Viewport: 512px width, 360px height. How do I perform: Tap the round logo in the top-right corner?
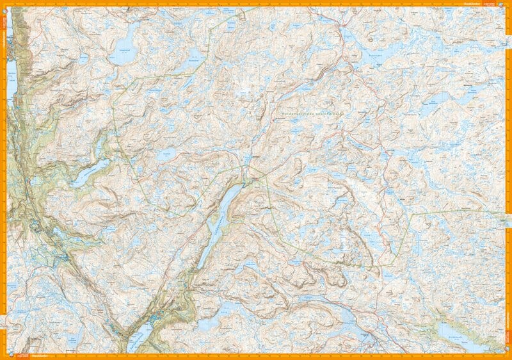(x=508, y=4)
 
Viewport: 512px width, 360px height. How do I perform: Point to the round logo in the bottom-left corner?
(x=4, y=356)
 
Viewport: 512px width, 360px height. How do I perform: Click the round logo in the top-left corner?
(x=4, y=4)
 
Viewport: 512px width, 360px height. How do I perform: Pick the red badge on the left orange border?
(x=3, y=19)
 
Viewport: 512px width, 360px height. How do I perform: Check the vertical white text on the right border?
(x=509, y=340)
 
